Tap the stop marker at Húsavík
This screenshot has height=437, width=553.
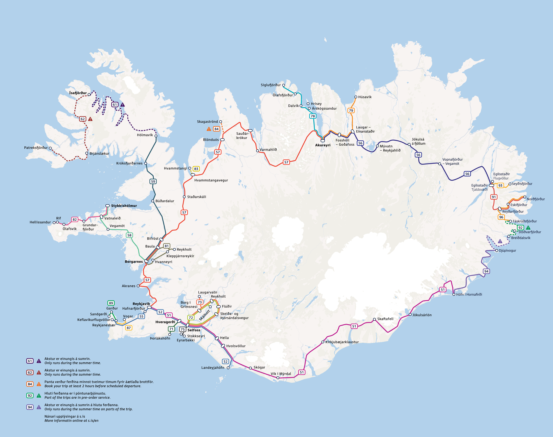(x=356, y=97)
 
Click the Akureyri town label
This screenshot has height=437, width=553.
(x=323, y=145)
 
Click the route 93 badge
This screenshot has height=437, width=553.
(x=500, y=185)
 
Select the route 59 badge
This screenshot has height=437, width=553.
(x=153, y=181)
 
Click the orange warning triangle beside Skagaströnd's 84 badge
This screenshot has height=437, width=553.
(x=209, y=129)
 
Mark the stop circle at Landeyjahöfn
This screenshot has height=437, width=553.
(x=228, y=368)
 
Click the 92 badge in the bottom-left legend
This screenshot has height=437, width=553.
(x=30, y=396)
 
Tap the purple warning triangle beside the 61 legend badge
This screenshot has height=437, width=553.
(x=39, y=361)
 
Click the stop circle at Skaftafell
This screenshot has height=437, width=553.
(x=374, y=319)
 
